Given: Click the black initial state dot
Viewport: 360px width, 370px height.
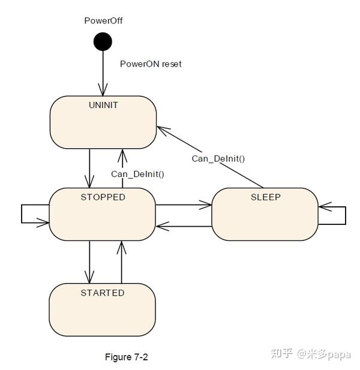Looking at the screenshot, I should (103, 42).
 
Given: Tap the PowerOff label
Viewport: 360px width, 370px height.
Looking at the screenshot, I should (103, 21).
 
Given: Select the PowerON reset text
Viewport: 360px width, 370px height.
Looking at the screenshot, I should (151, 64).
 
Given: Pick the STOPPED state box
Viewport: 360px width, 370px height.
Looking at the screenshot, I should (103, 214).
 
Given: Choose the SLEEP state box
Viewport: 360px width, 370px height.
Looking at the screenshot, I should (265, 215).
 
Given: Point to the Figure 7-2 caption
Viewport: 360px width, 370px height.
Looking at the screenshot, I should (126, 357).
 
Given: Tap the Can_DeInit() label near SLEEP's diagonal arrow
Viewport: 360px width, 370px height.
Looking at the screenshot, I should (218, 158).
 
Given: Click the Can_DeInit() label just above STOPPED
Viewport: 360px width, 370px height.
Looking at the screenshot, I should (137, 174).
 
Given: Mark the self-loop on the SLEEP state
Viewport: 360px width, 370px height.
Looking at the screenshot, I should (336, 215).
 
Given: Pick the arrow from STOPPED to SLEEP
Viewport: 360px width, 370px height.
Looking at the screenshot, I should (183, 205).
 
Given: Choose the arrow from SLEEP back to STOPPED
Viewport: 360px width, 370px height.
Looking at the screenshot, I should (183, 226).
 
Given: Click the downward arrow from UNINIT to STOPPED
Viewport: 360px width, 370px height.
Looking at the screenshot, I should (89, 168).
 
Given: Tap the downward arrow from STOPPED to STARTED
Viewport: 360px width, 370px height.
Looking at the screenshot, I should (89, 261).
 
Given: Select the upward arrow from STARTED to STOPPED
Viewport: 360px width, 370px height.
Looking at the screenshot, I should (122, 261).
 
